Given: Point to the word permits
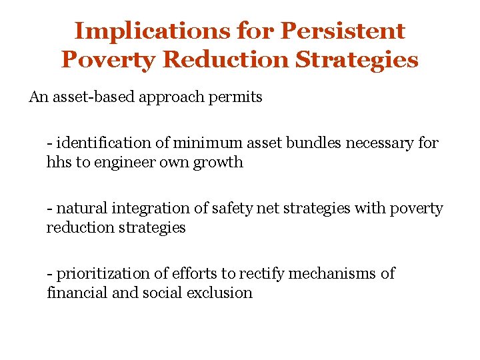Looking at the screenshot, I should (x=236, y=97).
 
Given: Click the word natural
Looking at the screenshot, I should (x=81, y=209).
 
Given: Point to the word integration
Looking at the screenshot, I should (x=148, y=209).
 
